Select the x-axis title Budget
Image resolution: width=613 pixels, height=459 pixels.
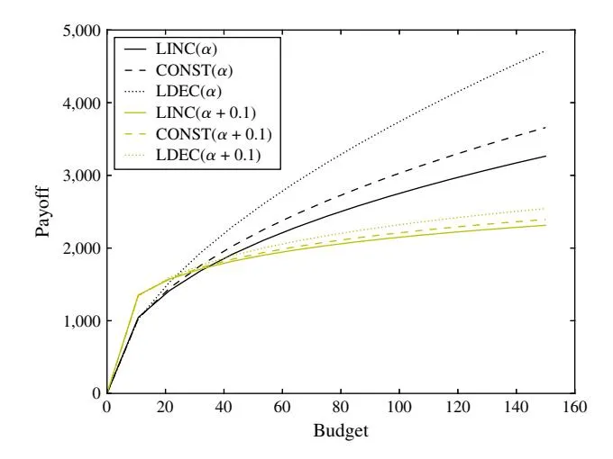(340, 431)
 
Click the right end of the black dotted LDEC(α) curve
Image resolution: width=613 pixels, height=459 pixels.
(545, 51)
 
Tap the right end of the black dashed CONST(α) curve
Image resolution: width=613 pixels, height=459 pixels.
(545, 128)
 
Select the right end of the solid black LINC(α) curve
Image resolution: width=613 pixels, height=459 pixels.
(545, 157)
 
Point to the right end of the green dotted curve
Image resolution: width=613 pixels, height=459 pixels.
(545, 209)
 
